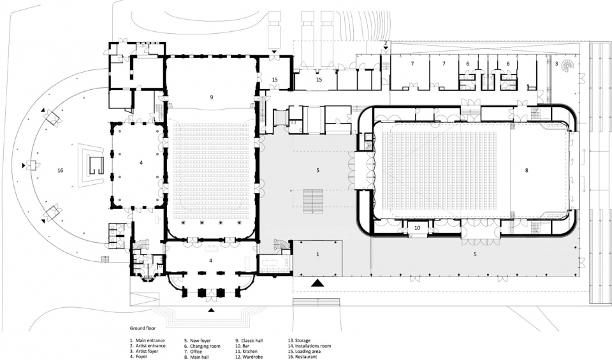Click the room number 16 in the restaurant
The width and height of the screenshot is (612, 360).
[60, 171]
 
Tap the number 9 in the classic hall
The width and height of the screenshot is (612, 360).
[212, 97]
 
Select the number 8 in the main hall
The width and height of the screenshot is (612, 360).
[527, 171]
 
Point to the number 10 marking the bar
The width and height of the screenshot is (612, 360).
[417, 227]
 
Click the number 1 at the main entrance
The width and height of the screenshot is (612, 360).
[317, 254]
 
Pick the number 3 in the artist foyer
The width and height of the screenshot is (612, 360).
[556, 64]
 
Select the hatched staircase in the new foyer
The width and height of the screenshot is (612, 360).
[313, 201]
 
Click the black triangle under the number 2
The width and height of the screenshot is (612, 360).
[386, 48]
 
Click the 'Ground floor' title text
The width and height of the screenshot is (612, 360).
[143, 328]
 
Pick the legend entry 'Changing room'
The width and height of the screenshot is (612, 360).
[205, 346]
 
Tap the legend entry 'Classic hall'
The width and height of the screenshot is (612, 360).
[252, 340]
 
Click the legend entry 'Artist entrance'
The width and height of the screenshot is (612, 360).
[150, 346]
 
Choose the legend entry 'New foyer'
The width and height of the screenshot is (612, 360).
[201, 340]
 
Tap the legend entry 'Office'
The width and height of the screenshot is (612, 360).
[196, 352]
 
